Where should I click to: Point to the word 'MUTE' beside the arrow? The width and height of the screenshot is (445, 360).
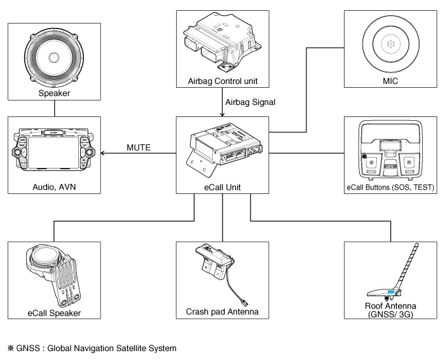pos(138,148)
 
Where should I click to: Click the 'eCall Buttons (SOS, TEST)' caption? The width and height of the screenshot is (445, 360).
pos(389,188)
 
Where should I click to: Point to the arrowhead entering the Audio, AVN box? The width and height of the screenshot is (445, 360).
pos(104,153)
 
